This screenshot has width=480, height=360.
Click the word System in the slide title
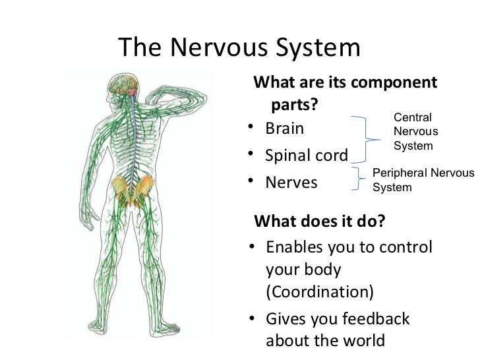[315, 47]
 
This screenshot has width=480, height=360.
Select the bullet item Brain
[285, 128]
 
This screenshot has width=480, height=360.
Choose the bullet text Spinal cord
[306, 156]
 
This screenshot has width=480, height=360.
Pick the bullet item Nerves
[291, 182]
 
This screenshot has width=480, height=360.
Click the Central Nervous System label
[412, 131]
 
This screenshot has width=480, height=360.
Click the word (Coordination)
[319, 291]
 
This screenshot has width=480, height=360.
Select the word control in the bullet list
[406, 247]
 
